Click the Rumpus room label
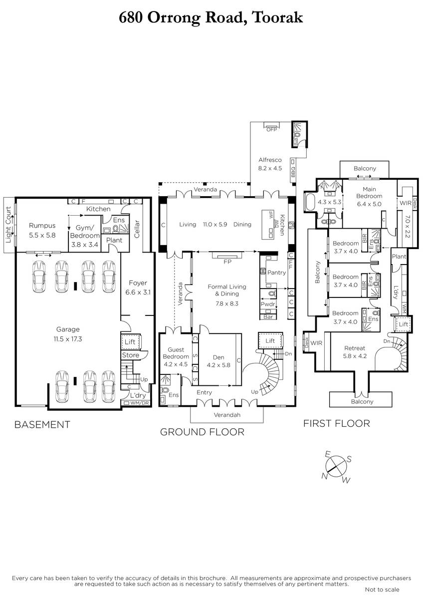(x=42, y=226)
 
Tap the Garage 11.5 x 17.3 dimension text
(x=68, y=339)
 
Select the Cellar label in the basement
(x=137, y=229)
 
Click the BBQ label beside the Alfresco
(x=293, y=172)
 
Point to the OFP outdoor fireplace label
(x=272, y=129)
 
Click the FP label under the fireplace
(x=227, y=262)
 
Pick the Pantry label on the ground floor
(x=276, y=272)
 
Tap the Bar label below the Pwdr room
(x=268, y=316)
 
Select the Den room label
(x=218, y=357)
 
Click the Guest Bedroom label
(x=176, y=353)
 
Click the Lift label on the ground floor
(x=270, y=340)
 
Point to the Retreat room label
(x=355, y=348)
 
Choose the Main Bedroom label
(x=369, y=193)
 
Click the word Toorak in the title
(x=278, y=17)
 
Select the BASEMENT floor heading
(x=42, y=424)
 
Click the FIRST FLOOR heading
(x=336, y=424)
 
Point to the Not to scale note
(x=382, y=590)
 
